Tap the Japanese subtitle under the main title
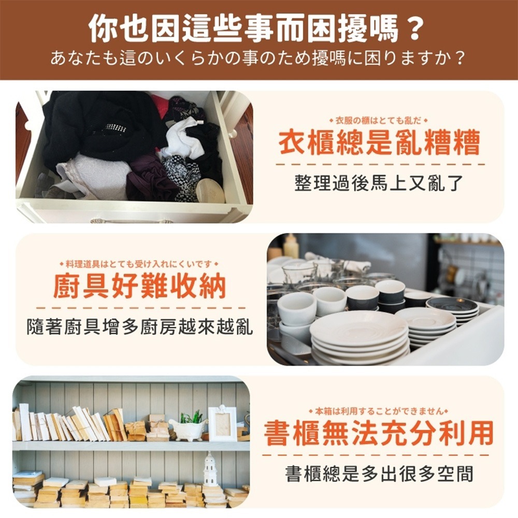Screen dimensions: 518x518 (257, 57)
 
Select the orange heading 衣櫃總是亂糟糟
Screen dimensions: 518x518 (379, 142)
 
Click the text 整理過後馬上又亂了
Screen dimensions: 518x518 (379, 182)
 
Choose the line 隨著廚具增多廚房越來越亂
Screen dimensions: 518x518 (140, 326)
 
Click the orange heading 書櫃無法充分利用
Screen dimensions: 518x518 (379, 433)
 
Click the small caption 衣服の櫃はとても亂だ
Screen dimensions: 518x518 (379, 121)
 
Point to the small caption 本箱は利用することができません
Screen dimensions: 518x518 (379, 411)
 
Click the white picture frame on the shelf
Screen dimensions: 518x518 (222, 423)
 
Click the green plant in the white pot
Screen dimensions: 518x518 (190, 417)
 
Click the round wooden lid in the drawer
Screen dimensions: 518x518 (210, 191)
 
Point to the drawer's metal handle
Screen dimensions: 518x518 (132, 221)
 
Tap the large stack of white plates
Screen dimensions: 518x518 (359, 339)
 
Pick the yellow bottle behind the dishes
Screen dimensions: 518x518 (291, 246)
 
